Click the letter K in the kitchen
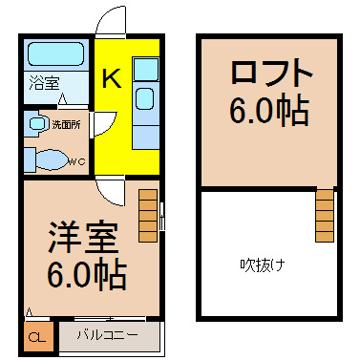click(x=111, y=80)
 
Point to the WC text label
click(x=80, y=161)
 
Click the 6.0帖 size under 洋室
click(x=87, y=276)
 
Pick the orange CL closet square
click(x=35, y=337)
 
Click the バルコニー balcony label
click(x=111, y=335)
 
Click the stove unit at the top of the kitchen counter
click(x=146, y=69)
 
